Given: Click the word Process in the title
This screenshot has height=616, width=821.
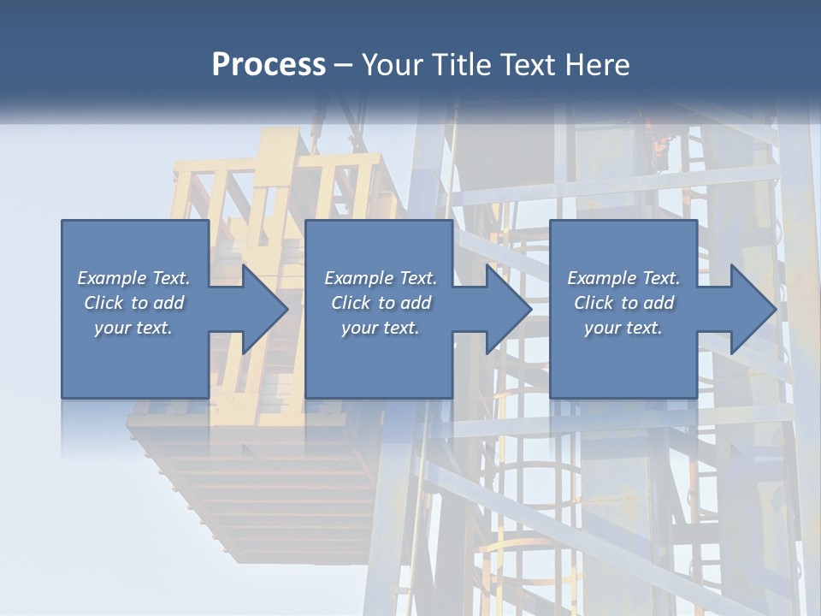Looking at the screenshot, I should (269, 65).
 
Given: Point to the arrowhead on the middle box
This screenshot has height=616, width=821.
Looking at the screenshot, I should (508, 309).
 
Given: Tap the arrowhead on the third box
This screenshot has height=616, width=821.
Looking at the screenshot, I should (753, 309).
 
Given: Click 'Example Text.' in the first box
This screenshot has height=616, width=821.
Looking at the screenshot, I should (133, 278).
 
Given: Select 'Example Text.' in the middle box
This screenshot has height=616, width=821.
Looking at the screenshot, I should (380, 278).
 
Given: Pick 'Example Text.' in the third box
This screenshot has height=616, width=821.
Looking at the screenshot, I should (623, 278).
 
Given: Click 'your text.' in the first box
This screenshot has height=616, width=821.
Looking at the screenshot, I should (133, 328).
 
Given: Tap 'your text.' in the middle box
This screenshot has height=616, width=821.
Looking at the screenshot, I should (380, 328).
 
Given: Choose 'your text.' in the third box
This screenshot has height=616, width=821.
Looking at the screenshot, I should (623, 328).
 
